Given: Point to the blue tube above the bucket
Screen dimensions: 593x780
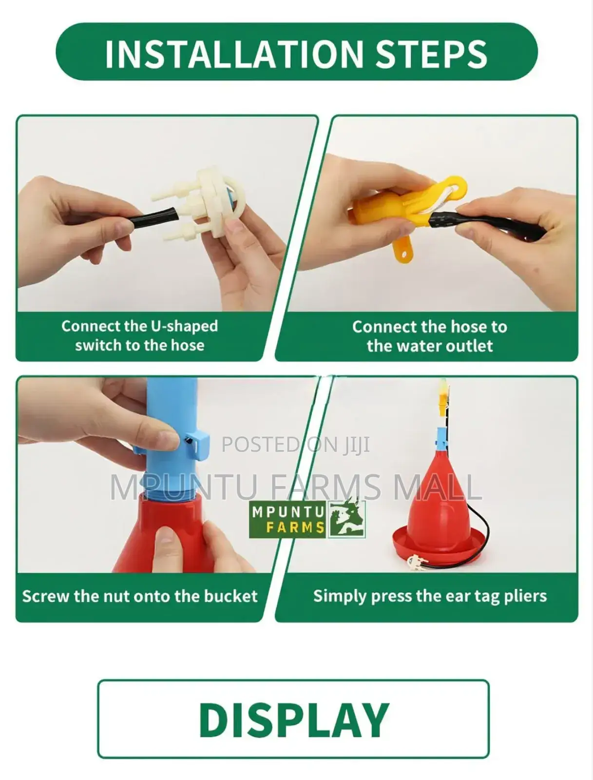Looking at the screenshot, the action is coord(172,433).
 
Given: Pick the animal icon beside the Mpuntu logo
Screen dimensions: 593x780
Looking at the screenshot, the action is coord(346,519).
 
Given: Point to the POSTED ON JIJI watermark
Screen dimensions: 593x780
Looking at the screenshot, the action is coord(296,445).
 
